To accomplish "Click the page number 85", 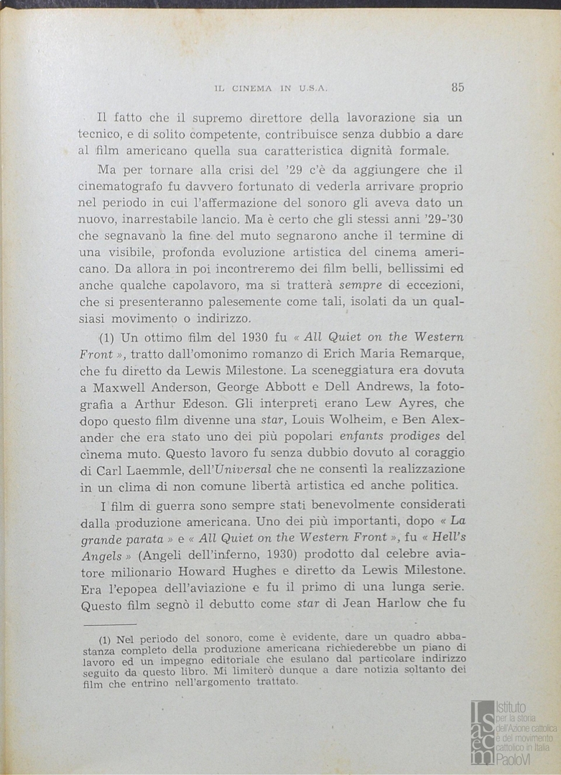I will tap(458, 88).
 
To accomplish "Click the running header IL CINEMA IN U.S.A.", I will tap(271, 88).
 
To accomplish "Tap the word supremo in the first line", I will tap(195, 117).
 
